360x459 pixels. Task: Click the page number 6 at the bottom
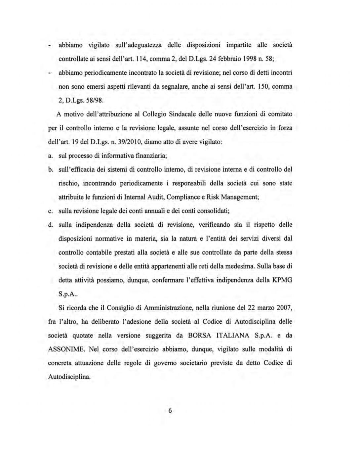[x=170, y=411]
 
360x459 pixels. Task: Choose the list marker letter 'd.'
[x=51, y=225]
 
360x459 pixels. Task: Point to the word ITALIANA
[x=233, y=335]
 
